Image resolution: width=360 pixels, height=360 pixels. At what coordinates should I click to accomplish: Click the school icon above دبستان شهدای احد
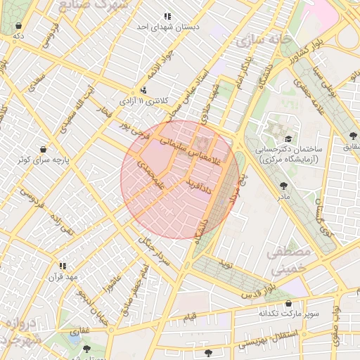[x=167, y=15]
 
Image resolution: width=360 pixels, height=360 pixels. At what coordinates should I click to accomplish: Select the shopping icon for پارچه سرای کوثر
[x=45, y=149]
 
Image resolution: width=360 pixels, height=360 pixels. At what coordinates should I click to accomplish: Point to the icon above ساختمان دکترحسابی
[x=288, y=139]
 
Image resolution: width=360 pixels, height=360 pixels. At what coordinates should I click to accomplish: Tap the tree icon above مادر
[x=283, y=186]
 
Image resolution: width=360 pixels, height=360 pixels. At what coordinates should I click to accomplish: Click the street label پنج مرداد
[x=241, y=188]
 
